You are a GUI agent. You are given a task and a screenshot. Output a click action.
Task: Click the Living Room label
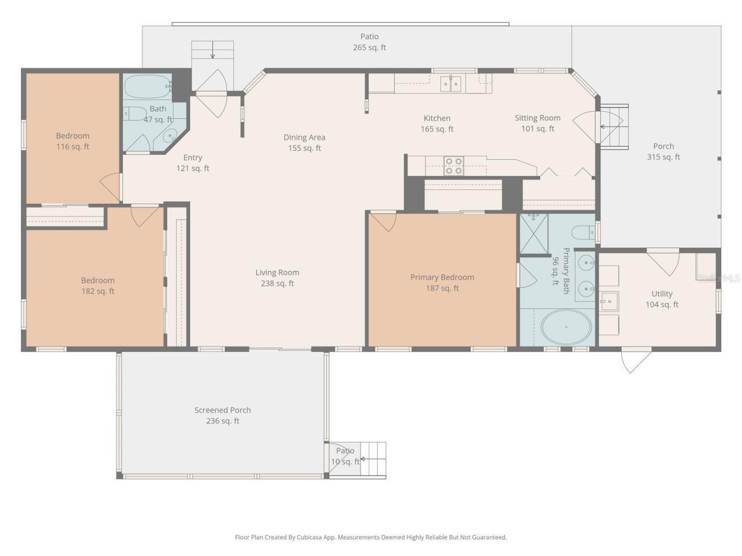pyautogui.click(x=277, y=273)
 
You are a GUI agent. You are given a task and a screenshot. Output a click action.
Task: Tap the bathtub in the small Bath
pyautogui.click(x=147, y=87)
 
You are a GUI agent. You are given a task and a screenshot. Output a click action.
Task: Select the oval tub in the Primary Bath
pyautogui.click(x=566, y=327)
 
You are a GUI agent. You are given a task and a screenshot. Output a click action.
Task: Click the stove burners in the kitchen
pyautogui.click(x=453, y=166)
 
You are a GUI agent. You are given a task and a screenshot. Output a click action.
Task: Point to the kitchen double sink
pyautogui.click(x=451, y=84)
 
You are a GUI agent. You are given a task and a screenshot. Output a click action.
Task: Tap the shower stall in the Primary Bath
pyautogui.click(x=533, y=234)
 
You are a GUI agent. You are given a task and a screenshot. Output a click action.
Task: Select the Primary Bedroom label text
pyautogui.click(x=442, y=277)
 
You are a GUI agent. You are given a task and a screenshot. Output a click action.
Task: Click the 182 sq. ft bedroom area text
pyautogui.click(x=97, y=291)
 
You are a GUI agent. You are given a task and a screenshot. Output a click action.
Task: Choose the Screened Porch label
pyautogui.click(x=223, y=410)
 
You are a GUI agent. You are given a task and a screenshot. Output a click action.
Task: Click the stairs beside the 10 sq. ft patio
pyautogui.click(x=374, y=460)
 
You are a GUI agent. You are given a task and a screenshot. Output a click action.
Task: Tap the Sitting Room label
pyautogui.click(x=537, y=118)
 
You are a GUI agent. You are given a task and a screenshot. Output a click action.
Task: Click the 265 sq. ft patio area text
pyautogui.click(x=369, y=47)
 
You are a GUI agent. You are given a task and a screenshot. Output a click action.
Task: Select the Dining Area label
pyautogui.click(x=304, y=137)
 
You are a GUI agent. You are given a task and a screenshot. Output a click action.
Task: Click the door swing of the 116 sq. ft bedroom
pyautogui.click(x=110, y=186)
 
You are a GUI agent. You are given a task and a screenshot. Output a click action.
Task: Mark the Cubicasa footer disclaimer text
pyautogui.click(x=370, y=537)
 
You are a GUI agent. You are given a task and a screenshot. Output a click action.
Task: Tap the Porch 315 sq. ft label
pyautogui.click(x=663, y=152)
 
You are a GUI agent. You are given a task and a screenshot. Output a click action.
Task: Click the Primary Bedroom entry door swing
pyautogui.click(x=382, y=221)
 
